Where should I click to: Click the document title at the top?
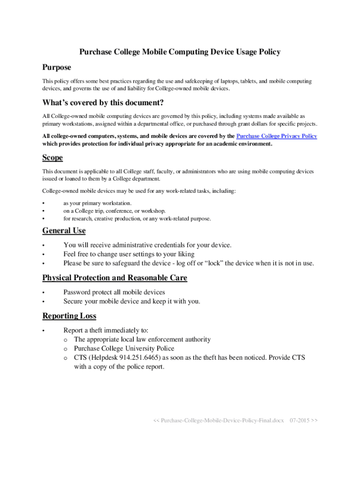click(180, 52)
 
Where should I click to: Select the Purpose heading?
click(57, 68)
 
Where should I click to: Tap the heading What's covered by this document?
click(103, 103)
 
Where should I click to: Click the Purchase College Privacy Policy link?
click(277, 136)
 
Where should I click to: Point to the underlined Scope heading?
click(52, 158)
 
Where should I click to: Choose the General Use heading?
click(64, 231)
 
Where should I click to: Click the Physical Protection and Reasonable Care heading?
click(115, 278)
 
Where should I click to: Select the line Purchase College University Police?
click(124, 348)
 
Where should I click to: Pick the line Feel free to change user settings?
click(129, 254)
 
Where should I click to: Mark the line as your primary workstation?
click(97, 203)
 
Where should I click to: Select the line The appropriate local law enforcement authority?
click(142, 340)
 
